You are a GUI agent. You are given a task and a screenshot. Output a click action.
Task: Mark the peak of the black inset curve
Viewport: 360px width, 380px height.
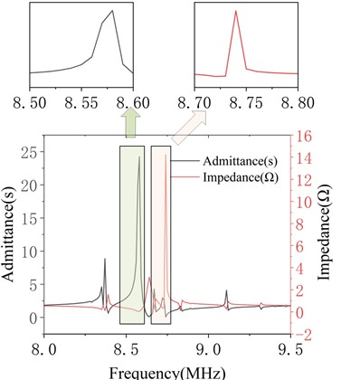click(112, 11)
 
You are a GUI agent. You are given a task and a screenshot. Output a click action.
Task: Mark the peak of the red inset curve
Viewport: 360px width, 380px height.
click(235, 11)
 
